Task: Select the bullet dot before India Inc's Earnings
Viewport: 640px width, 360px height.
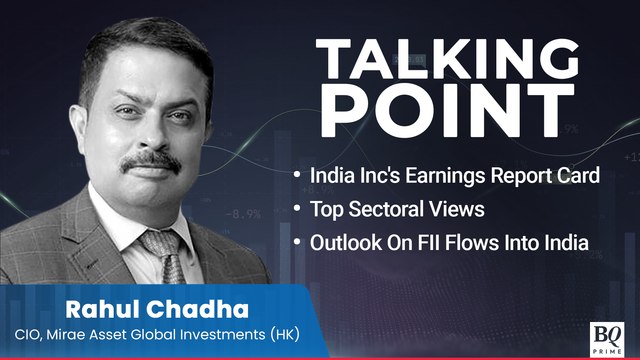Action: click(x=296, y=176)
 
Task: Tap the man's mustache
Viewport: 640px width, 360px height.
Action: click(x=152, y=158)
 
